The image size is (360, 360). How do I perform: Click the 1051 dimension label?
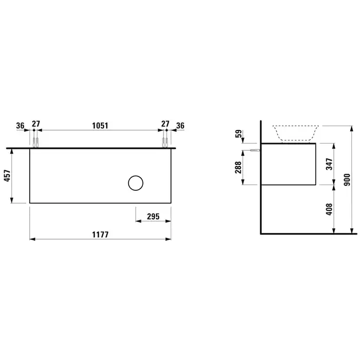(x=100, y=125)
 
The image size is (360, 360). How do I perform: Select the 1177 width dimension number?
(x=100, y=235)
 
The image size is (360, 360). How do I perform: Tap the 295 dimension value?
(x=153, y=217)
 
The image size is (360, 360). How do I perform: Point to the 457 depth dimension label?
(x=8, y=176)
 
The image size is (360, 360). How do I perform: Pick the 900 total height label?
(x=347, y=179)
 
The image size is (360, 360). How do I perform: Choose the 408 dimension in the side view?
(x=330, y=209)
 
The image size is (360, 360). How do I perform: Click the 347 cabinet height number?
(x=330, y=164)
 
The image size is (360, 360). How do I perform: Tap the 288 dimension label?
(x=238, y=167)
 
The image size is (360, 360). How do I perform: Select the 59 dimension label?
(x=239, y=134)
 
